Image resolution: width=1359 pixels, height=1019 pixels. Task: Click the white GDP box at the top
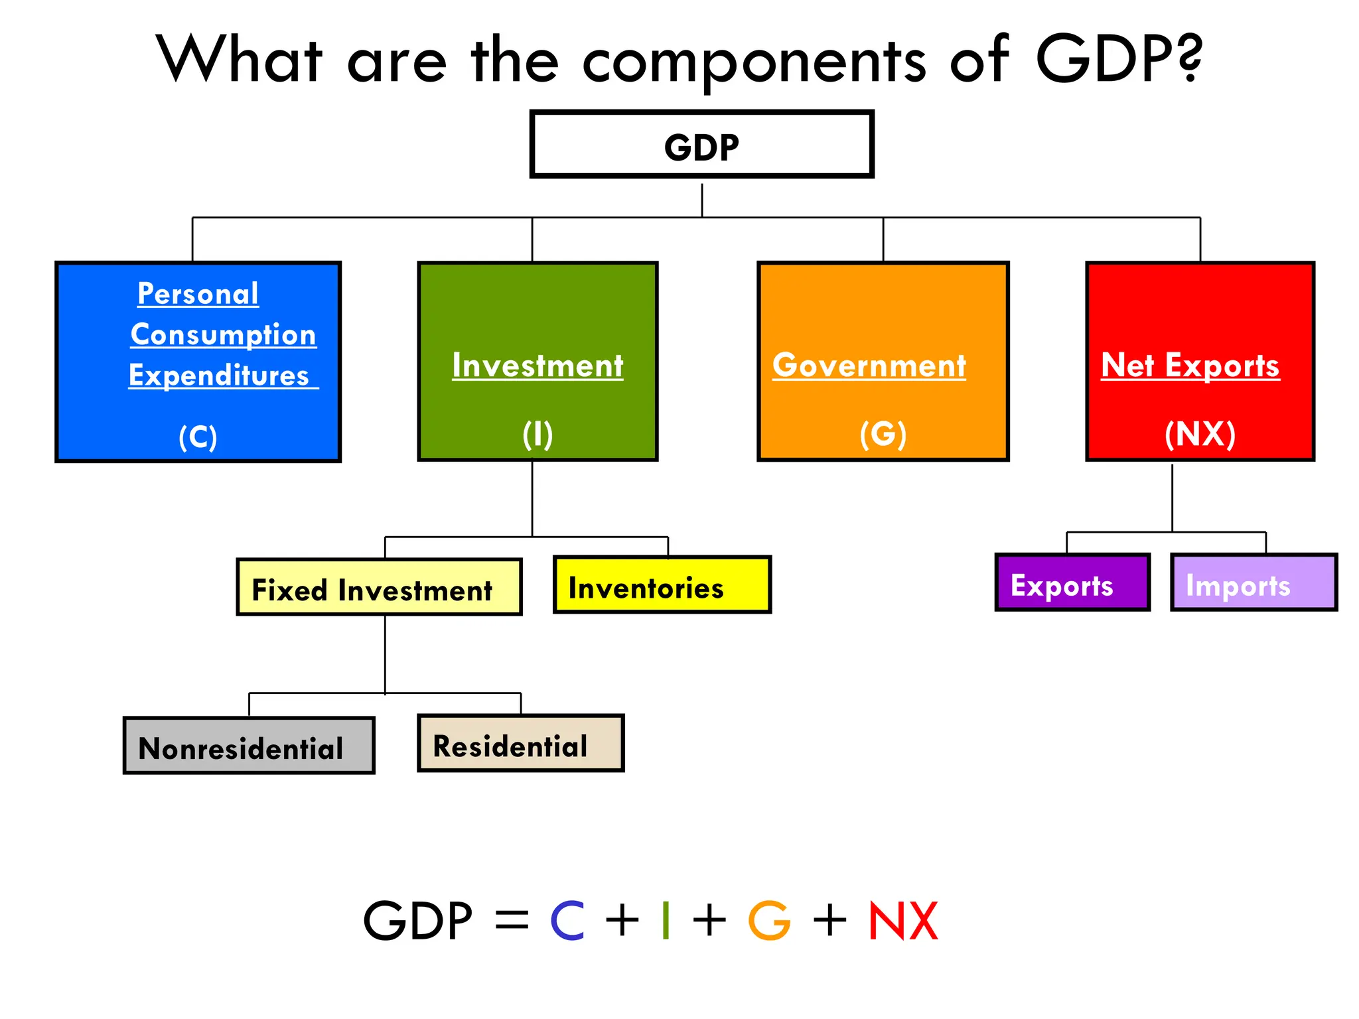(701, 145)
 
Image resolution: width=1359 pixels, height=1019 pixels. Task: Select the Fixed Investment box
(379, 588)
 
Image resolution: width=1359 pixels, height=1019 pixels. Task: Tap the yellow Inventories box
(662, 585)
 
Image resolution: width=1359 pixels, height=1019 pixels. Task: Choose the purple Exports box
(1072, 582)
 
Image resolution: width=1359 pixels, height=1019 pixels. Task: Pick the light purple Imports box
(1253, 582)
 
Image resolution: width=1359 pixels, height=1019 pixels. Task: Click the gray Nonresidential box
(249, 746)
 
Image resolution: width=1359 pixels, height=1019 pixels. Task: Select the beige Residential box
(520, 744)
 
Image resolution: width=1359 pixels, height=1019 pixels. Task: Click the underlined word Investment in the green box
(537, 366)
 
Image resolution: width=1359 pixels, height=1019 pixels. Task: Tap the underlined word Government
(869, 366)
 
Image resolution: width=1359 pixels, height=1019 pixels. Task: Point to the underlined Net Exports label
(1190, 366)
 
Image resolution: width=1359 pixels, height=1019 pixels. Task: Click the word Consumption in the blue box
(224, 335)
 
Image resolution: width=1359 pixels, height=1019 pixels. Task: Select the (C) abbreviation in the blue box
(198, 437)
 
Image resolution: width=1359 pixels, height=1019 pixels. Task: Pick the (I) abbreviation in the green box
(537, 435)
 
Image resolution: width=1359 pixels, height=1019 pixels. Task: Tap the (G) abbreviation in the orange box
(883, 435)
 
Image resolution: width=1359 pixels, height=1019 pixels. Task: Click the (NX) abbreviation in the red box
(1200, 435)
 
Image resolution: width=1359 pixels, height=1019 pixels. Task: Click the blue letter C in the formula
(567, 921)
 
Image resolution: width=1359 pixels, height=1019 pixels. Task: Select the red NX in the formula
(903, 921)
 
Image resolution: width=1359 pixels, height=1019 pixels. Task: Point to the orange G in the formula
(769, 921)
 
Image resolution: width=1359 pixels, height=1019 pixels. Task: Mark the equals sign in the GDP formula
(512, 921)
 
